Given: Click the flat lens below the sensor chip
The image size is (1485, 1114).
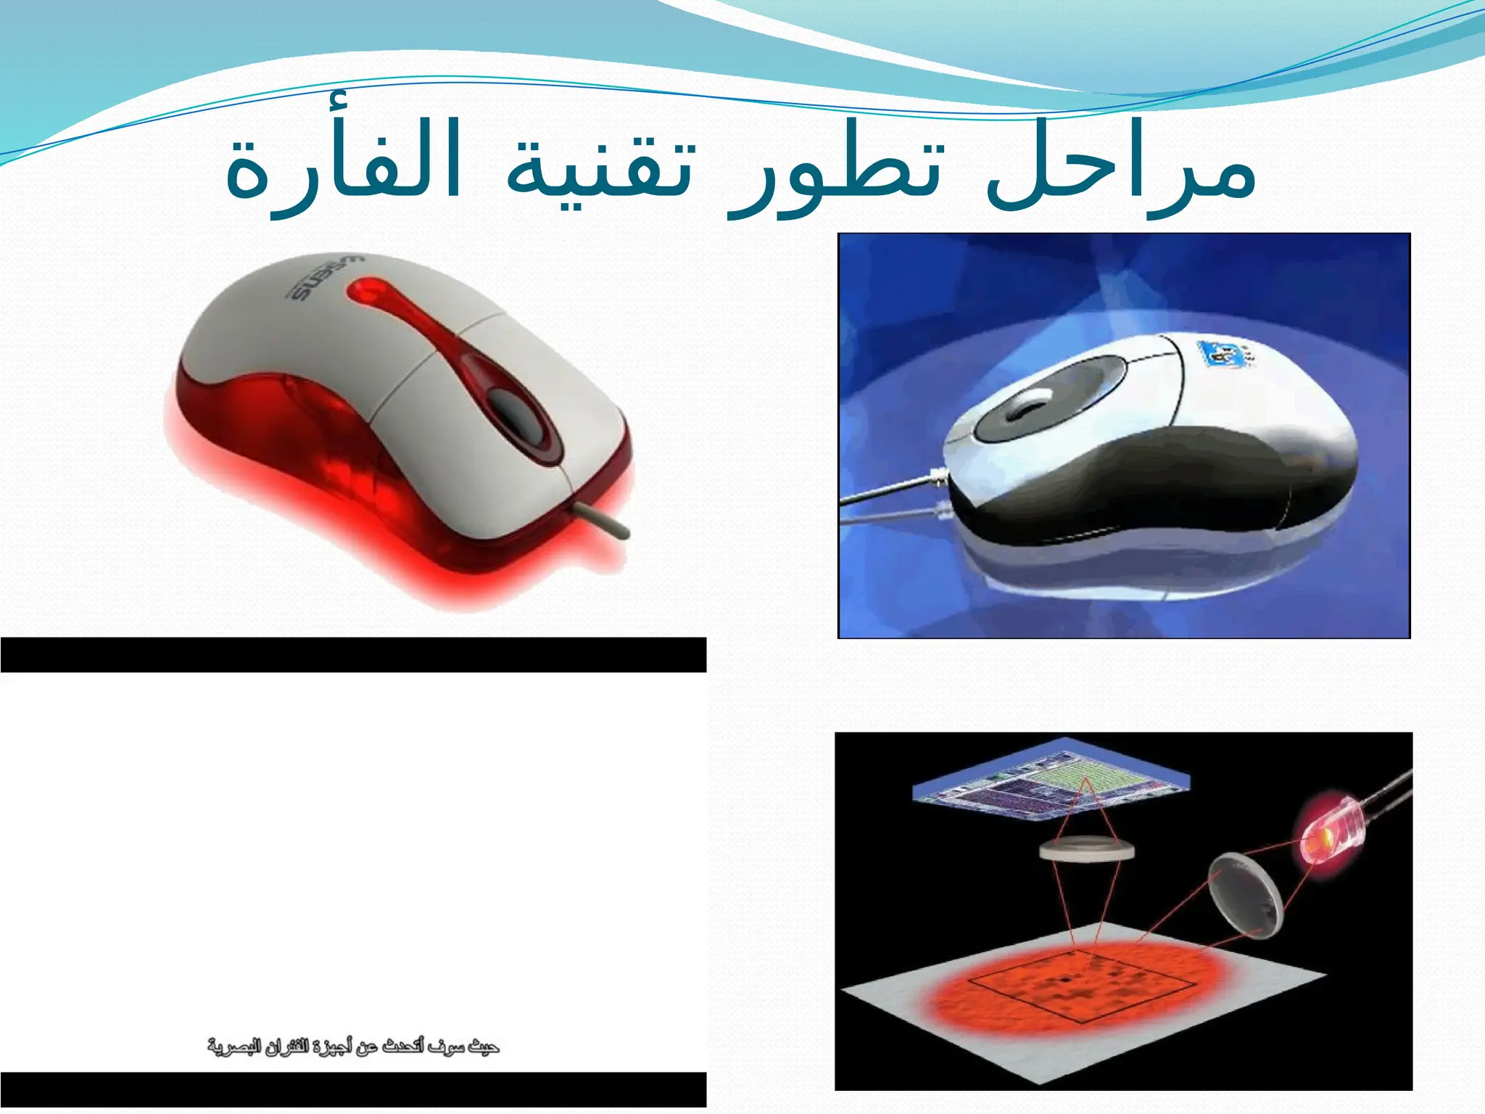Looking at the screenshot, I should [x=1085, y=851].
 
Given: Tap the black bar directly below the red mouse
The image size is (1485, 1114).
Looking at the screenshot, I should [x=353, y=655].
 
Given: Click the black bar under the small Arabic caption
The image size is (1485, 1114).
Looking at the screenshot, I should [x=353, y=1089].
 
